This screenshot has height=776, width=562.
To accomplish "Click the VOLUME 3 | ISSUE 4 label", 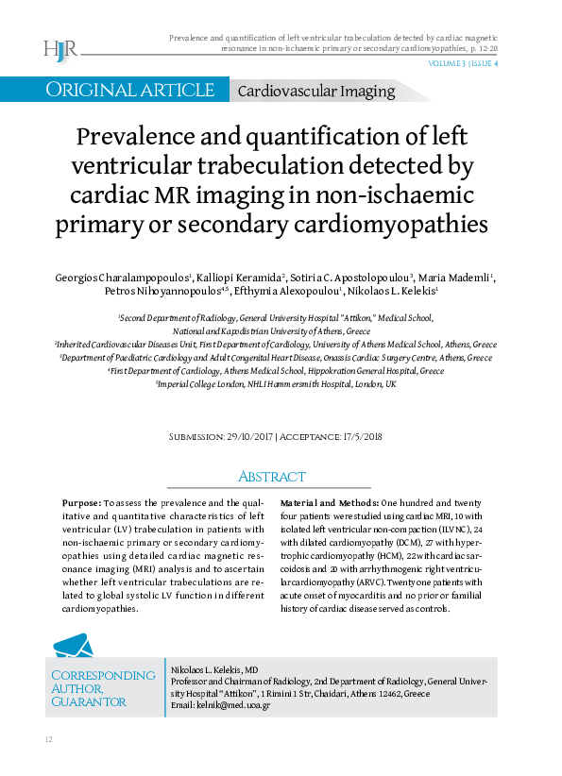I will click(464, 64).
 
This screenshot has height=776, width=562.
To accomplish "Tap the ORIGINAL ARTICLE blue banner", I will click(130, 91).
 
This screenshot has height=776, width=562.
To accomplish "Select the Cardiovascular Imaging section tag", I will click(315, 92).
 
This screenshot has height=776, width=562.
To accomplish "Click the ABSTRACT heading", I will click(272, 477).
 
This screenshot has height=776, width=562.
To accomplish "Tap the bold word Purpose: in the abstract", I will click(81, 503).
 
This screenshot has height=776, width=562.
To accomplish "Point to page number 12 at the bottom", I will click(47, 737).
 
